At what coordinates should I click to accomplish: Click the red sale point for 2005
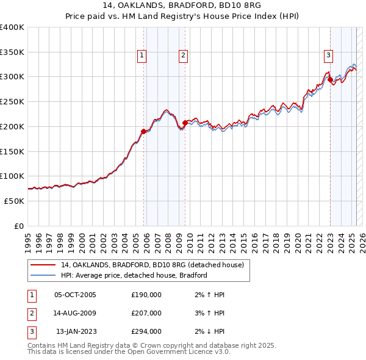[x=144, y=131]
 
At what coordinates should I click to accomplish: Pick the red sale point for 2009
[x=185, y=123]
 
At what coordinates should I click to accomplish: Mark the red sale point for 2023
[x=330, y=79]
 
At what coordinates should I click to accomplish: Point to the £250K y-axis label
[x=12, y=101]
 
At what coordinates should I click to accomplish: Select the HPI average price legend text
[x=134, y=275]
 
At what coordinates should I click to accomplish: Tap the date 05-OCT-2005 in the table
[x=75, y=295]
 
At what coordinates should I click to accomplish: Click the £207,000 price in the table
[x=146, y=313]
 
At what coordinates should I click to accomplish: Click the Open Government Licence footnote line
[x=129, y=352]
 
